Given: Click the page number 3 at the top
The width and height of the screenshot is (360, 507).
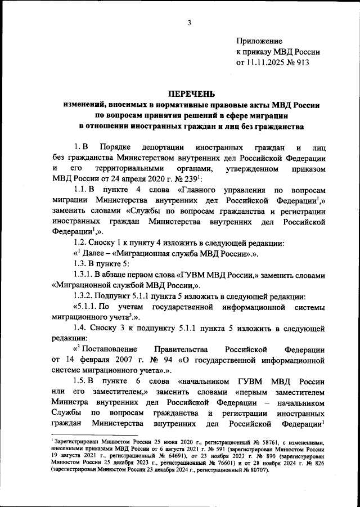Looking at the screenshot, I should pos(190,23).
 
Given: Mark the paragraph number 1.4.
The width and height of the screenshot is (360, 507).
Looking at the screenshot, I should pos(83,329).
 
